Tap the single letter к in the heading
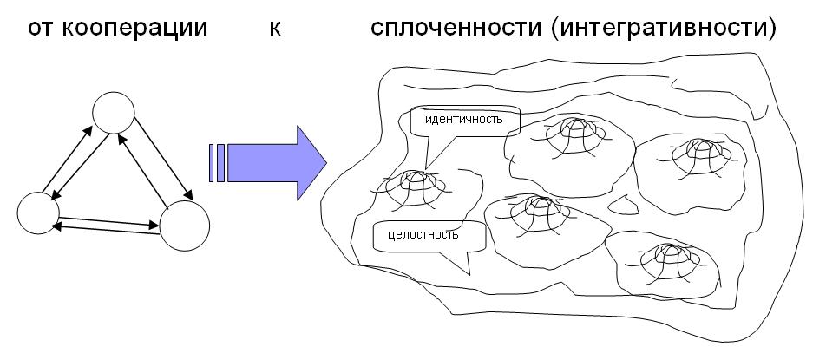pos(274,29)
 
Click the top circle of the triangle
pos(114,111)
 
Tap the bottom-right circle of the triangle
pos(185,226)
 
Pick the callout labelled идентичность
pos(464,120)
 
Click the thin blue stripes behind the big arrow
pos(217,162)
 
